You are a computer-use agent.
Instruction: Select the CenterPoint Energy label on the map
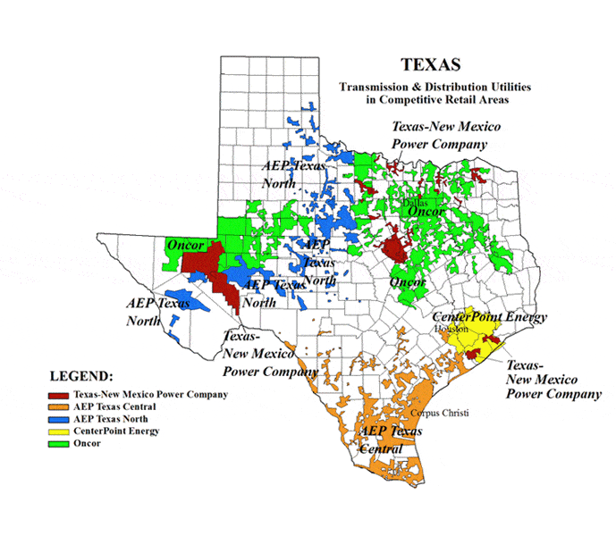pos(489,317)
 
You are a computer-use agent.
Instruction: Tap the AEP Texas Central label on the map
pos(390,440)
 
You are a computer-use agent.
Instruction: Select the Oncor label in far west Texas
pos(185,245)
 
